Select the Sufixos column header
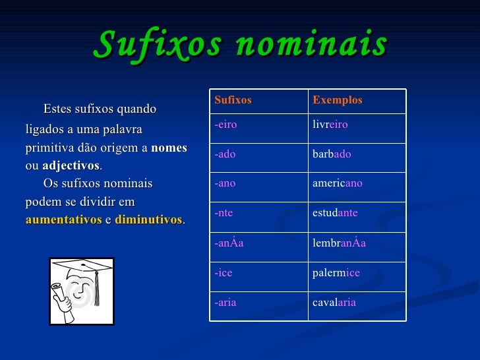click(233, 100)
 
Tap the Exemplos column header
click(338, 100)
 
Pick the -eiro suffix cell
click(225, 125)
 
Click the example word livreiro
click(330, 125)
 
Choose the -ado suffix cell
click(225, 154)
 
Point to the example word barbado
click(332, 154)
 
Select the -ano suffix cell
click(225, 183)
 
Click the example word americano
click(337, 183)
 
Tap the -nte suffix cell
click(224, 213)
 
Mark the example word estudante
click(335, 213)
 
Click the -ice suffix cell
click(223, 272)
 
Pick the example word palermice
click(336, 272)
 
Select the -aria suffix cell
click(225, 302)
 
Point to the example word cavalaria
click(334, 302)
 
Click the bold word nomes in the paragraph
click(169, 148)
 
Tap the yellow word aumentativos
click(63, 220)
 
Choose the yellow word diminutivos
click(148, 220)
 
